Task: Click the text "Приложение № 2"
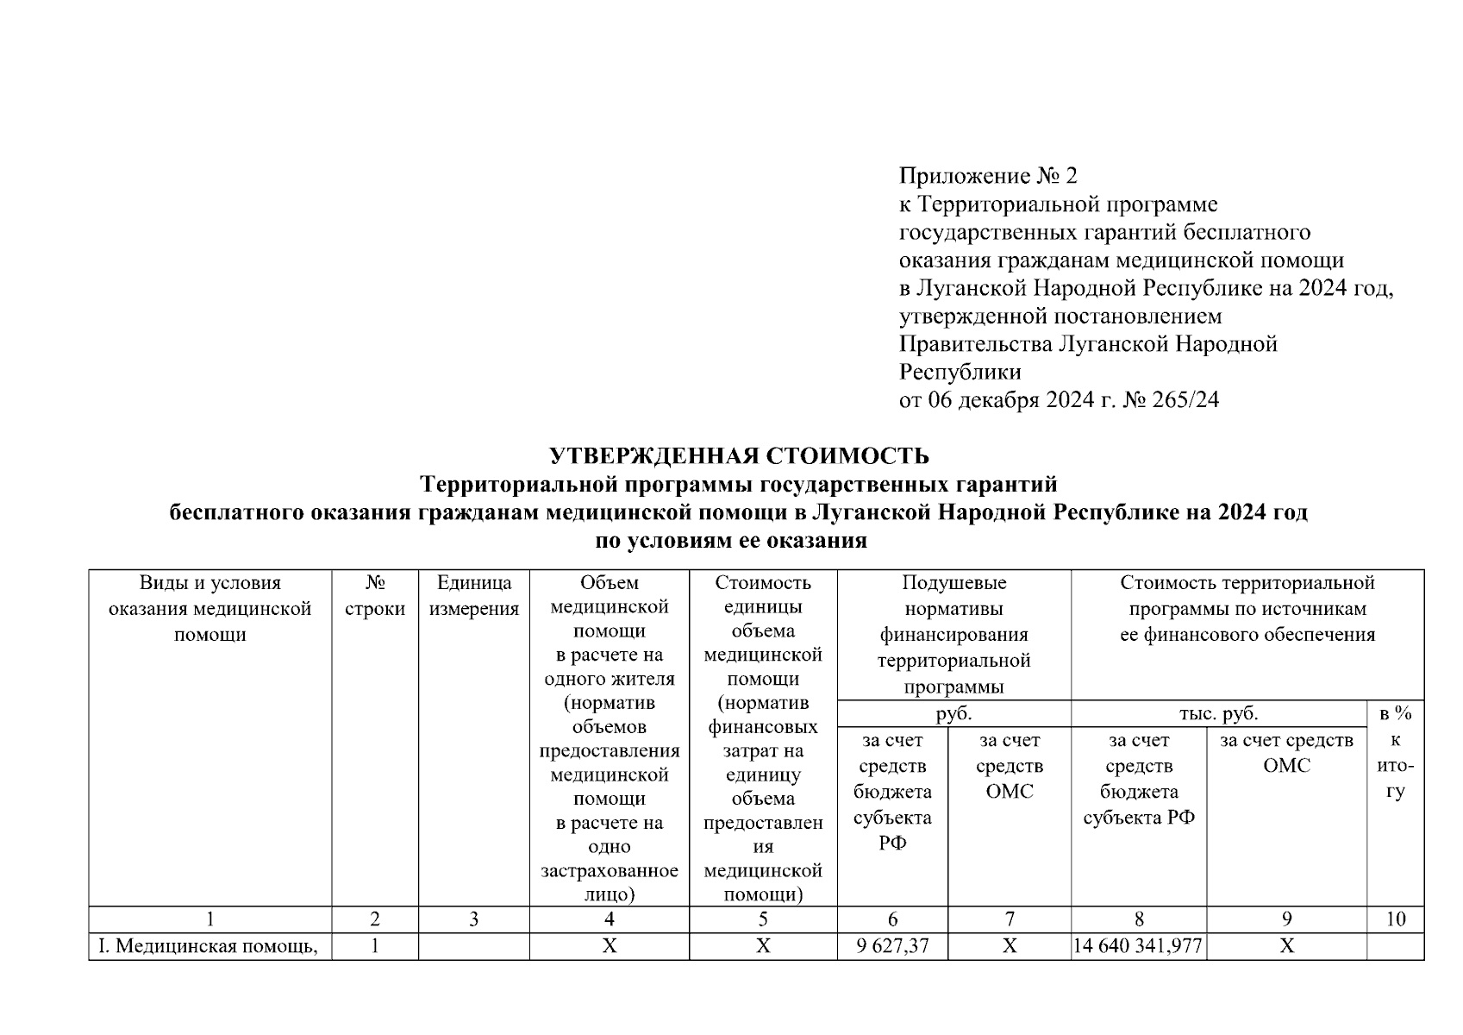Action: pyautogui.click(x=988, y=177)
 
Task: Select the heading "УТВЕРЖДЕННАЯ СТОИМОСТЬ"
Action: pyautogui.click(x=739, y=455)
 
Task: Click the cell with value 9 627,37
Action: pyautogui.click(x=892, y=946)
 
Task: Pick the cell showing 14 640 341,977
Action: pyautogui.click(x=1138, y=946)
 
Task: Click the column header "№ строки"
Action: pyautogui.click(x=375, y=596)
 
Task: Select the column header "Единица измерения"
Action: pyautogui.click(x=473, y=596)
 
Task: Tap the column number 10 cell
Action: pyautogui.click(x=1394, y=919)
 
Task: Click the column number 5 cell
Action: pyautogui.click(x=762, y=919)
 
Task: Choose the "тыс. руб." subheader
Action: pyautogui.click(x=1218, y=713)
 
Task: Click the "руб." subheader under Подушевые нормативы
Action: pyautogui.click(x=953, y=713)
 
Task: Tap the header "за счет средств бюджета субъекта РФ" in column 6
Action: pyautogui.click(x=892, y=791)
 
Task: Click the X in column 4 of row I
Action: pyautogui.click(x=609, y=946)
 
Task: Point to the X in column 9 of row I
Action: pyautogui.click(x=1285, y=946)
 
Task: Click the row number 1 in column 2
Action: pyautogui.click(x=375, y=946)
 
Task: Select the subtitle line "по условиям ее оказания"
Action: pyautogui.click(x=731, y=541)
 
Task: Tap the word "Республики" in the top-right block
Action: pyautogui.click(x=960, y=373)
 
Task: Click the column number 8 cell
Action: pyautogui.click(x=1138, y=919)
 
